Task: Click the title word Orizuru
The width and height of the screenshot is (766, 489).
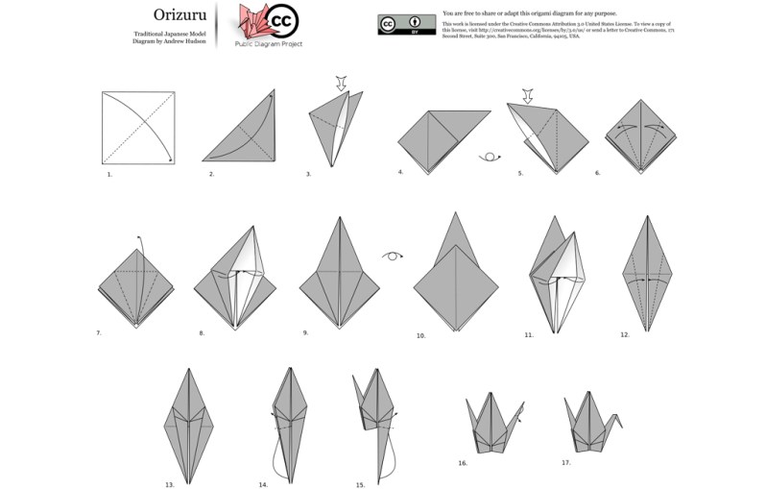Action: coord(178,14)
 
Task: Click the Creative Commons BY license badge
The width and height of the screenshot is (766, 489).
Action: coord(407,24)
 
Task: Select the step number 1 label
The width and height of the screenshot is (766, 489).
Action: coord(109,175)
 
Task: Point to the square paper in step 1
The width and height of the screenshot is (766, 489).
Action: coord(138,128)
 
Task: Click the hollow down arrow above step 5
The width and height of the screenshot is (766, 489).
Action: coord(526,94)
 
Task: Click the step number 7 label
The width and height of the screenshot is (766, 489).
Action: coord(98,332)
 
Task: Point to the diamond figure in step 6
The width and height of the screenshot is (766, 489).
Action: coord(642,136)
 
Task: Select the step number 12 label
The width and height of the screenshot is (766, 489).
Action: coord(625,335)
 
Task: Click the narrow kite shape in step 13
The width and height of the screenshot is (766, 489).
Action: coord(190,422)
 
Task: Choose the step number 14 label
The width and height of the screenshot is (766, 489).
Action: coord(263,484)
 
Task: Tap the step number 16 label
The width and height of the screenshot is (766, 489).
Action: coord(463,463)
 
